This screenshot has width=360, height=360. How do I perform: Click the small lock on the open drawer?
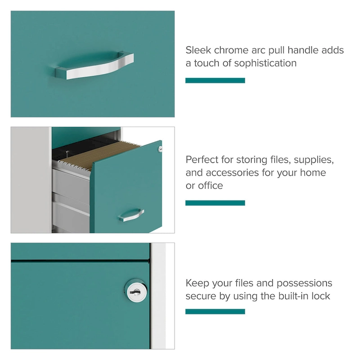click(159, 148)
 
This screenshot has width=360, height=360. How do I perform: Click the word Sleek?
click(199, 50)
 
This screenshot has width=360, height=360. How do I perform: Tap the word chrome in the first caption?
click(234, 50)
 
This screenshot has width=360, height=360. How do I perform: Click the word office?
click(211, 186)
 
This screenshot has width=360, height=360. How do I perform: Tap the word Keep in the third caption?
click(197, 283)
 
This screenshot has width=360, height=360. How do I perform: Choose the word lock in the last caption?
click(322, 296)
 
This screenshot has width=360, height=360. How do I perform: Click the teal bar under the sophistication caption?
click(215, 81)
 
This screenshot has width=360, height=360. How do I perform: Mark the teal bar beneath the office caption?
click(215, 203)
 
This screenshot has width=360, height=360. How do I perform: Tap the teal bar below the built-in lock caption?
click(215, 311)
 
